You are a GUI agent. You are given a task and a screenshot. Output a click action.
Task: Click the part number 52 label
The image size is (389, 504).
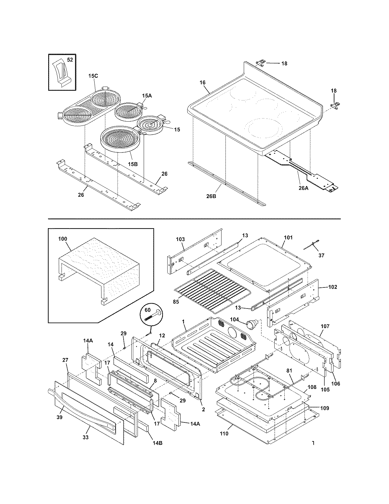coord(70,60)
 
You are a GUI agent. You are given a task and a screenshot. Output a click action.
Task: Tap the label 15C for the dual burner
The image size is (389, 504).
coord(93,76)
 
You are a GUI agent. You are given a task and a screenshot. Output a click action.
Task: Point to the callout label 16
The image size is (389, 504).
coord(203,82)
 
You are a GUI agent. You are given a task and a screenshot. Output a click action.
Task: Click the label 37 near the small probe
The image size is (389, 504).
coord(321,255)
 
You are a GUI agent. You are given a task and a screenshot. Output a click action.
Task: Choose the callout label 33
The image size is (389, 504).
coord(85,437)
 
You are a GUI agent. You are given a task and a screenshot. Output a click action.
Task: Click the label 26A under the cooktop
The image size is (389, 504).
coord(304,188)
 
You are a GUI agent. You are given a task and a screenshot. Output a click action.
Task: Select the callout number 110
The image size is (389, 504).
coord(224,442)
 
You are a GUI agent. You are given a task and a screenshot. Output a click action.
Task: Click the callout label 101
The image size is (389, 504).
coord(288,237)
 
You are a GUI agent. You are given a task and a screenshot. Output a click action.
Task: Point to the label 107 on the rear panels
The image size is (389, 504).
coord(325,326)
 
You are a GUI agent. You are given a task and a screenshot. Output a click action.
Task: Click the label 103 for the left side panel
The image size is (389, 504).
coord(180,239)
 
